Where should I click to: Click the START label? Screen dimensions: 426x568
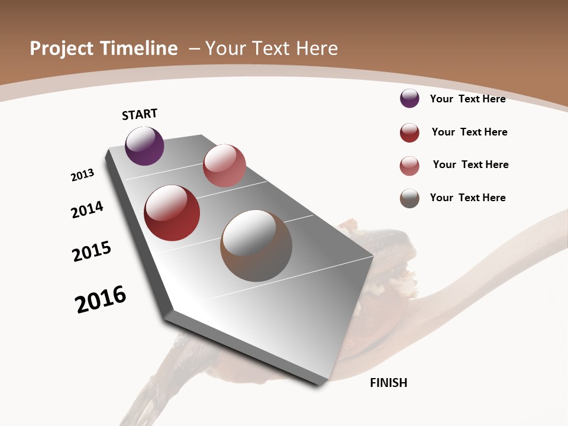(140, 114)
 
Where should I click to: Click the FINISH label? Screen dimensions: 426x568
(389, 383)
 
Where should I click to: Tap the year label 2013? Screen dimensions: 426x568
(82, 175)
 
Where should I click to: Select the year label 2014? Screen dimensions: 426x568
(88, 210)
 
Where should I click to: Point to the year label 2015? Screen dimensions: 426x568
(92, 251)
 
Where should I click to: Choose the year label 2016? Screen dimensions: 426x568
(101, 299)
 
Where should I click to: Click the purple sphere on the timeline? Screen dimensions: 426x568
(144, 146)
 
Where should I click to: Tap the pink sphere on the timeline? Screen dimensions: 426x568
(224, 166)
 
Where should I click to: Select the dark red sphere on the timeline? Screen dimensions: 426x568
(172, 213)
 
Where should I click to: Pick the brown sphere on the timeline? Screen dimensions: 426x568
(256, 246)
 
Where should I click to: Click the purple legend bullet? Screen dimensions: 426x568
(409, 98)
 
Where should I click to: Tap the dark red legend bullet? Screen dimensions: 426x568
(409, 133)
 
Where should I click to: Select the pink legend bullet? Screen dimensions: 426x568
(409, 166)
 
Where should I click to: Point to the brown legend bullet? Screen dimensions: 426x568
(409, 198)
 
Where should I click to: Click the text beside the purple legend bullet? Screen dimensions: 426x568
(467, 99)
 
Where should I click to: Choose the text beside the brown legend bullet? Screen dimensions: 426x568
(467, 198)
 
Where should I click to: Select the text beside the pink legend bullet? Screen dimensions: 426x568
(470, 164)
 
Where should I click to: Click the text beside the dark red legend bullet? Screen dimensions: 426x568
(469, 132)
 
